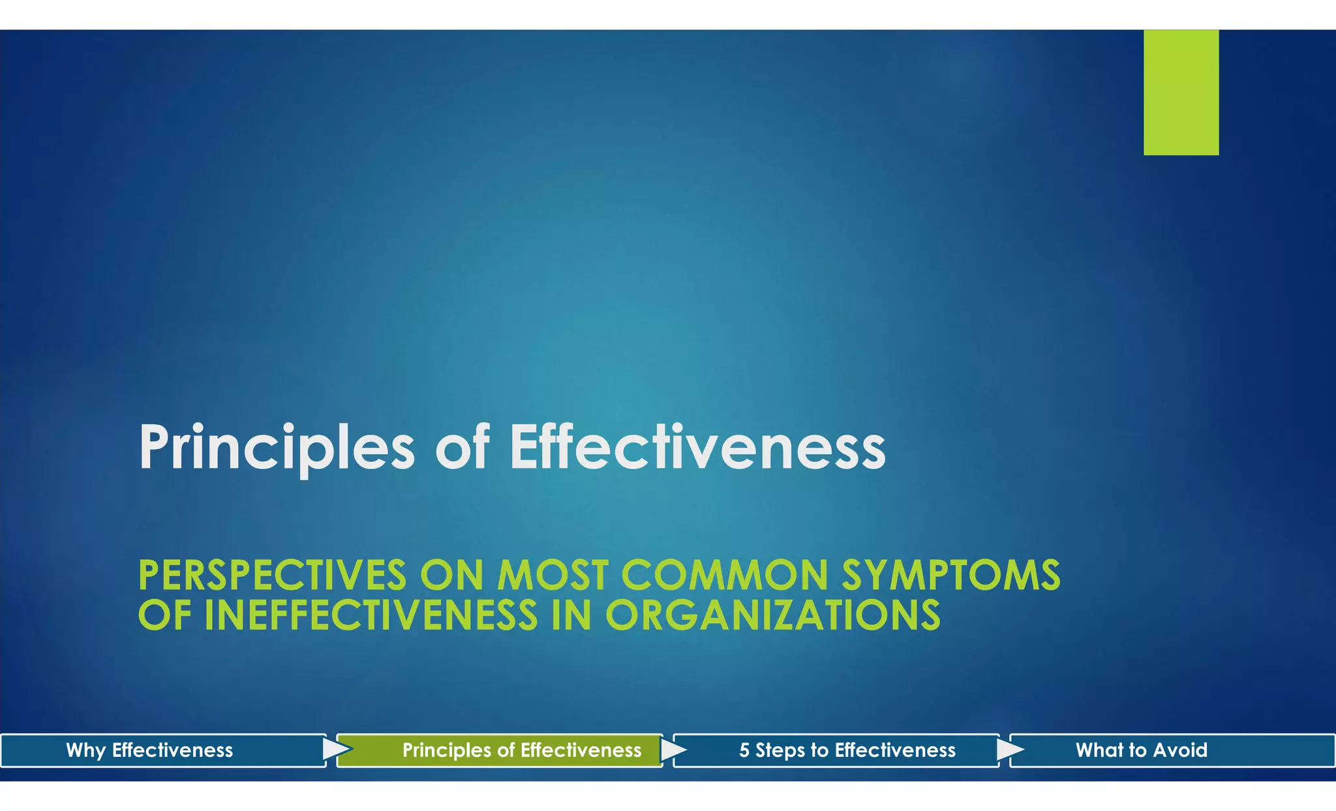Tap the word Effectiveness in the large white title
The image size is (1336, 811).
click(697, 448)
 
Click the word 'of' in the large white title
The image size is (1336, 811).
click(462, 448)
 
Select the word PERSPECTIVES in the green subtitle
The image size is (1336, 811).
click(273, 575)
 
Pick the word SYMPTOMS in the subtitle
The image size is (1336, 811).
click(950, 575)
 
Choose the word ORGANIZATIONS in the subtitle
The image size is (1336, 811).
click(773, 615)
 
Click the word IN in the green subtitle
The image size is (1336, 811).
click(571, 615)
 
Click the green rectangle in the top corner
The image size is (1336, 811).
click(1181, 92)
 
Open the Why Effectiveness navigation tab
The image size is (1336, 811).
click(149, 750)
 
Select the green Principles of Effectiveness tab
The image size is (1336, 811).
click(521, 750)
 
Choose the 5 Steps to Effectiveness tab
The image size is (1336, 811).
click(847, 750)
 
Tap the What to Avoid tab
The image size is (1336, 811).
click(1141, 750)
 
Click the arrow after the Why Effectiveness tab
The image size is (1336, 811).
click(336, 750)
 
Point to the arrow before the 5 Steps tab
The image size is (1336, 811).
click(673, 750)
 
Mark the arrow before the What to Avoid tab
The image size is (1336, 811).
click(1009, 750)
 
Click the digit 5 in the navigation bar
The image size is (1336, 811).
click(744, 750)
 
